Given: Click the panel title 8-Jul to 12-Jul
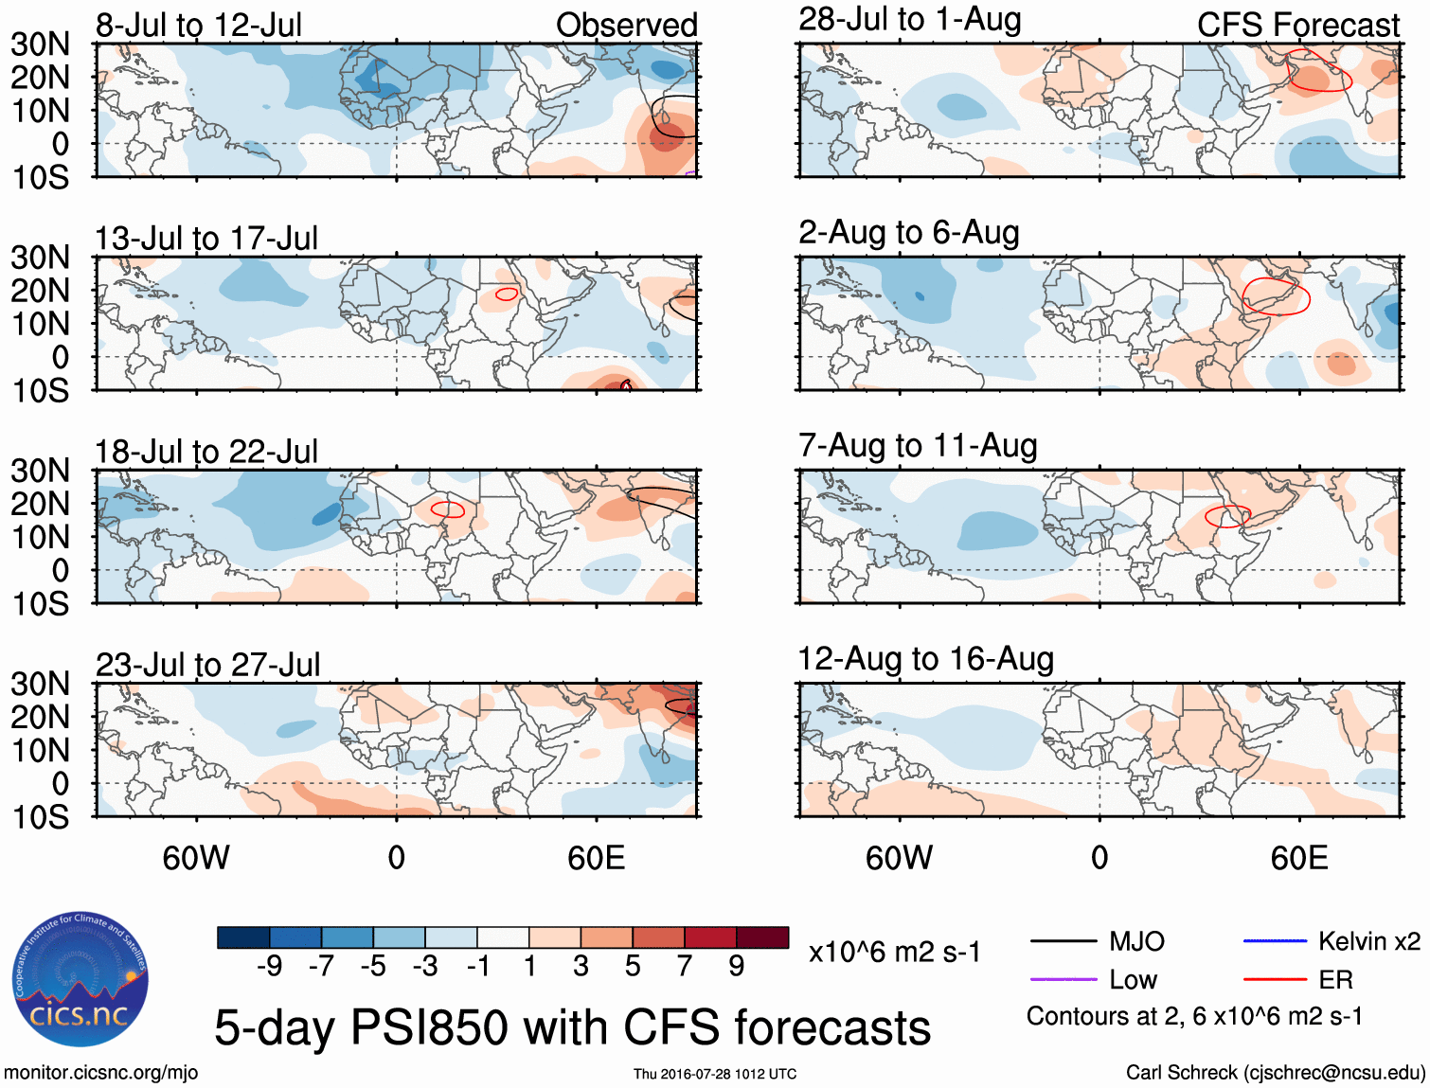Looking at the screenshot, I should [199, 25].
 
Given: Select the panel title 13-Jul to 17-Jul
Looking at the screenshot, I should [206, 238].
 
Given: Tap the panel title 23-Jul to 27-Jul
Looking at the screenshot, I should [207, 665].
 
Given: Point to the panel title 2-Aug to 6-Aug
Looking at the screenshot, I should [909, 232].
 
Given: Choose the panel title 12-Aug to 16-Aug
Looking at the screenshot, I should [925, 659].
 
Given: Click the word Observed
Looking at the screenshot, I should [626, 25].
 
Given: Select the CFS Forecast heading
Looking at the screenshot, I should [1297, 25].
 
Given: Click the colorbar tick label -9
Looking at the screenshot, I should [269, 966].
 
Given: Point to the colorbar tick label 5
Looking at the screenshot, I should [633, 966].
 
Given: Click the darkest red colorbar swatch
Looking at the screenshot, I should [762, 937].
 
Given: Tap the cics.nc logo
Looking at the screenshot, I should [80, 981].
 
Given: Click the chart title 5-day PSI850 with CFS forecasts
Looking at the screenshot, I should [572, 1027].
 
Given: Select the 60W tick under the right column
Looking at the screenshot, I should [899, 858].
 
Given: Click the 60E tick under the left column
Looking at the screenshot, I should [596, 858].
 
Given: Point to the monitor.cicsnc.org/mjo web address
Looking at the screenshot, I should [100, 1073].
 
